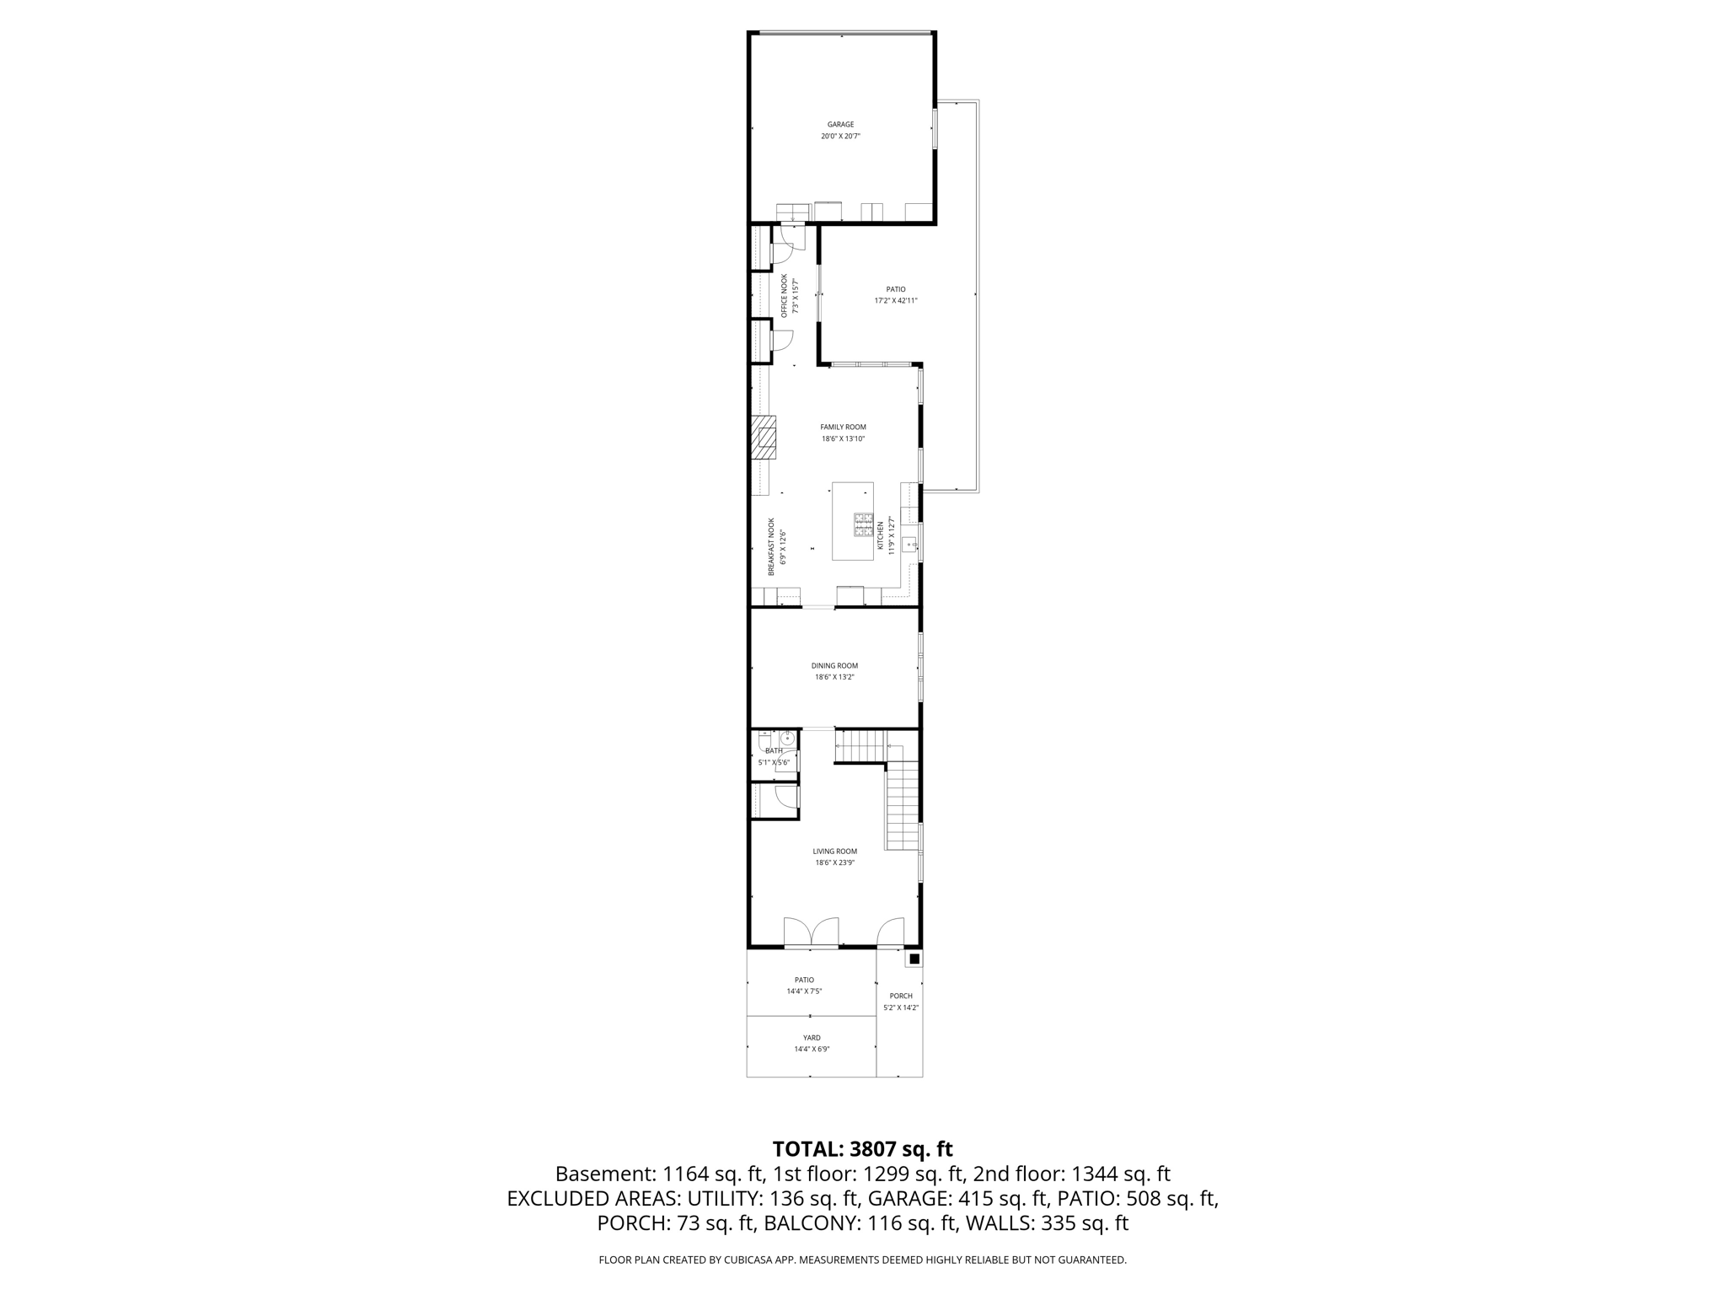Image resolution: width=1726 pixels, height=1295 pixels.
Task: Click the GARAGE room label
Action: click(x=840, y=125)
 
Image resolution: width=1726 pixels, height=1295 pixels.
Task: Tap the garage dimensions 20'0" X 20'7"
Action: click(x=840, y=137)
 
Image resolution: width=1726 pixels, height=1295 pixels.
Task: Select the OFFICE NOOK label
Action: click(x=784, y=295)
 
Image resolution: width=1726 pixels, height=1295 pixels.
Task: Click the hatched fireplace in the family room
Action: click(x=764, y=438)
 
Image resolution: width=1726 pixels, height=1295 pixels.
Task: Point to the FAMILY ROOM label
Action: click(x=843, y=427)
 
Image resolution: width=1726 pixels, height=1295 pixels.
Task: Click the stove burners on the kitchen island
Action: click(x=864, y=524)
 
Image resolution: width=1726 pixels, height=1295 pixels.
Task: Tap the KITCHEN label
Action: click(x=881, y=535)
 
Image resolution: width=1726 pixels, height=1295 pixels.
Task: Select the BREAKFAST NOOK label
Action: click(x=771, y=547)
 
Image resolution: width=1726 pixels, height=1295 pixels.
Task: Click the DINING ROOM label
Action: click(x=834, y=666)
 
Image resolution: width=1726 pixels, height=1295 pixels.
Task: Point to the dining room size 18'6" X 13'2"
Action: click(x=834, y=677)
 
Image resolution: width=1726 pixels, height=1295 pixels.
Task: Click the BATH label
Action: click(x=774, y=750)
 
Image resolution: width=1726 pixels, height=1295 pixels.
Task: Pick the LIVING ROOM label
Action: click(x=834, y=852)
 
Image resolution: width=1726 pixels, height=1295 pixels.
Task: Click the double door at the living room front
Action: click(x=811, y=932)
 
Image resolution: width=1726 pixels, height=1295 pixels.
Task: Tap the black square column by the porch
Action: click(x=914, y=959)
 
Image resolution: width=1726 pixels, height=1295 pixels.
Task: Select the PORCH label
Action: click(x=901, y=996)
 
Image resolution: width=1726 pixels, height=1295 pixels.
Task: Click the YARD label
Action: click(x=812, y=1038)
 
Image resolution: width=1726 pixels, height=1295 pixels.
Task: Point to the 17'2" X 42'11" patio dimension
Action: click(x=895, y=301)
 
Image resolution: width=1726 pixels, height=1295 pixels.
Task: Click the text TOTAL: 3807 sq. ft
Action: click(x=862, y=1149)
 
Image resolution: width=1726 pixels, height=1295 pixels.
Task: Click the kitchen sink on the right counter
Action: click(x=909, y=545)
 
